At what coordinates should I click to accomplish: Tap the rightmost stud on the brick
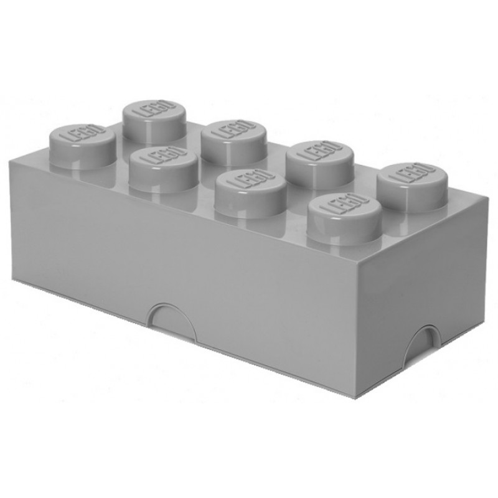click(413, 187)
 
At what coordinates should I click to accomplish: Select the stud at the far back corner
click(154, 121)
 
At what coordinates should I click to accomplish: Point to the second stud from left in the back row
click(234, 141)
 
